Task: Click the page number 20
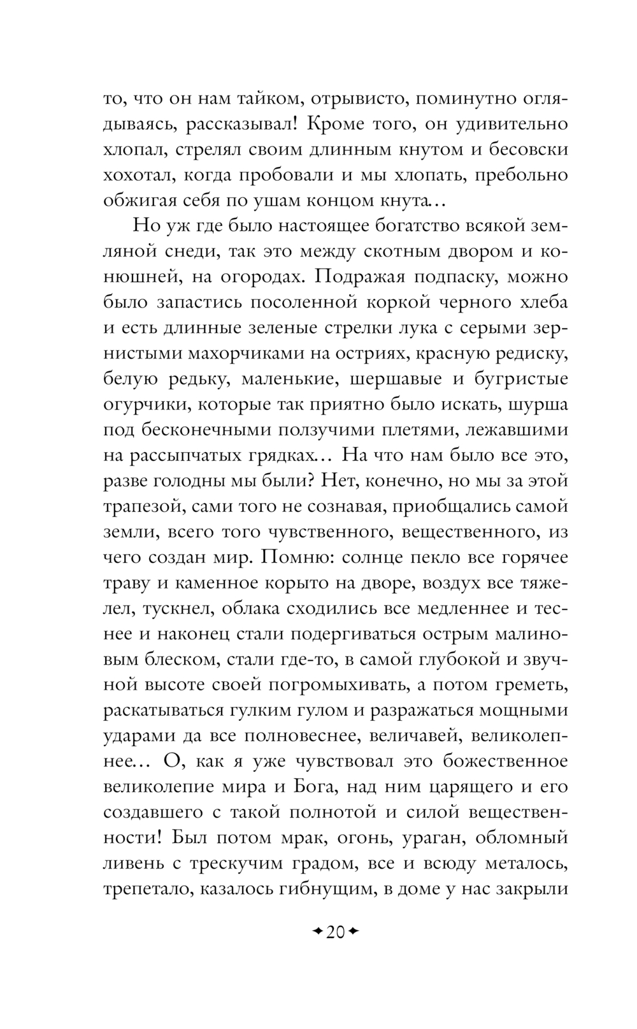click(x=335, y=932)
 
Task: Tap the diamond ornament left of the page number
click(x=316, y=932)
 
